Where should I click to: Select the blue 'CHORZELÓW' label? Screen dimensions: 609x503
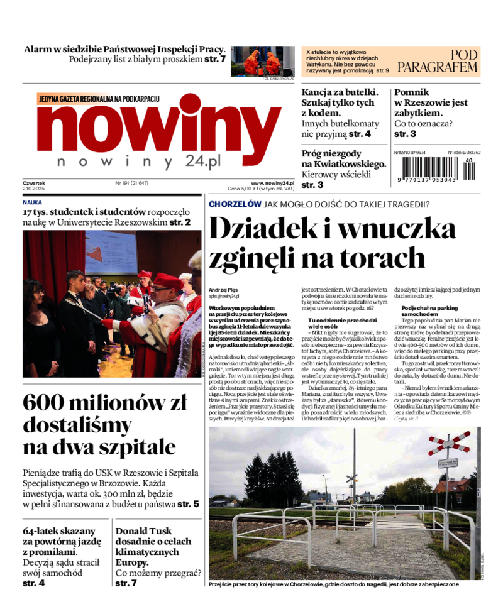tap(235, 204)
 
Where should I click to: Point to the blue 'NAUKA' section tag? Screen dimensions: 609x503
tap(32, 203)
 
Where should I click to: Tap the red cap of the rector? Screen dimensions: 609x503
tap(168, 280)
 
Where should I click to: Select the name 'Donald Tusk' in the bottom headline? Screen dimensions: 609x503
tap(143, 531)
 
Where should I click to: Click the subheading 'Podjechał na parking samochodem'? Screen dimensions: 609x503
tap(429, 310)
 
